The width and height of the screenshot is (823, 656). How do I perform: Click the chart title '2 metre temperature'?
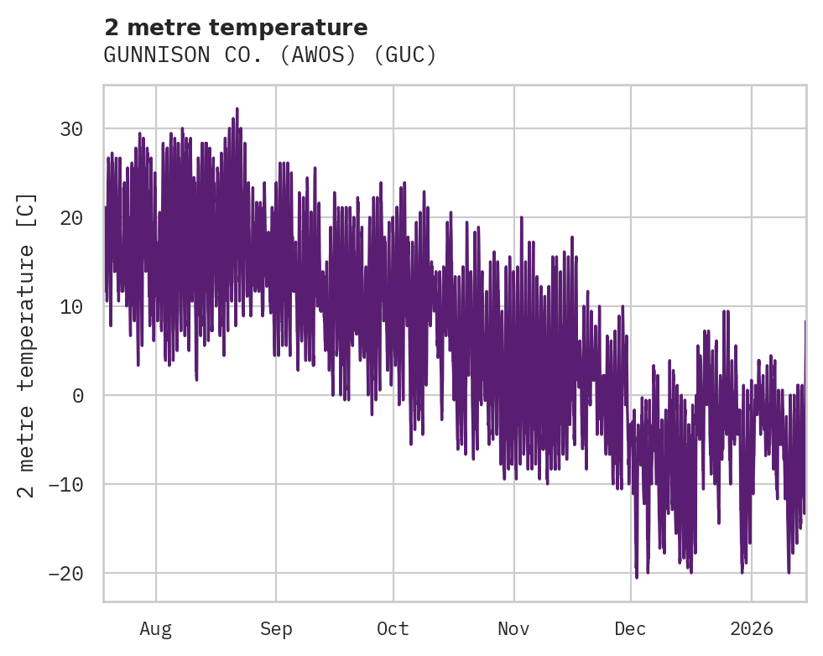[x=236, y=28]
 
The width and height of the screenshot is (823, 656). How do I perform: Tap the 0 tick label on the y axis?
[x=77, y=396]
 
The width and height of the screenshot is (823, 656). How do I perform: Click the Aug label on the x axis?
[x=156, y=629]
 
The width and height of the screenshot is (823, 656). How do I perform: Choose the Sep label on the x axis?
[x=275, y=629]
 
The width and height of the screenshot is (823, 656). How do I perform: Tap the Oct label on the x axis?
[x=393, y=629]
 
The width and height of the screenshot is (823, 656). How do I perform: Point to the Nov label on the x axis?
[x=513, y=629]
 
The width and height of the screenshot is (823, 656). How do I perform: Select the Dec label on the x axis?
[x=631, y=629]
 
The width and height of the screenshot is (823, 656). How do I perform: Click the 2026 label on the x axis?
[x=752, y=629]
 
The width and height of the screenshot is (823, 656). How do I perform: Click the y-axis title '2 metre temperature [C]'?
[x=27, y=346]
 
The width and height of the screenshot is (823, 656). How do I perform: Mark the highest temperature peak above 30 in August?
[x=237, y=109]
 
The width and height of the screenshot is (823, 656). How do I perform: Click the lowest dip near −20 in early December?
[x=637, y=576]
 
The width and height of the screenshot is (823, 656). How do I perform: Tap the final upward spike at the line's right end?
[x=805, y=322]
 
